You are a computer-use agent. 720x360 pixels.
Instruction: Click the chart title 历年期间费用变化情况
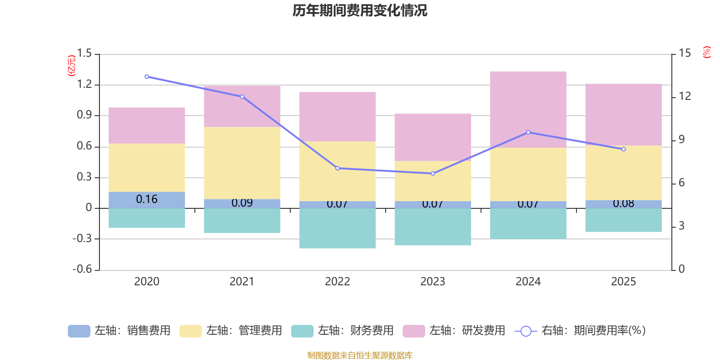[360, 10]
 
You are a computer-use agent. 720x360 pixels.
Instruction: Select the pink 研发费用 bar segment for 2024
[528, 109]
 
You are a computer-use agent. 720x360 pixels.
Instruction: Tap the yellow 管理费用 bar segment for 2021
[242, 163]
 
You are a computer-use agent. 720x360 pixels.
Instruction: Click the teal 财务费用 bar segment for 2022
[337, 228]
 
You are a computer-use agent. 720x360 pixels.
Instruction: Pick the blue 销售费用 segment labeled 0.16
[147, 200]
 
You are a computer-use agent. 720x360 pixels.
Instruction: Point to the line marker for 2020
[147, 76]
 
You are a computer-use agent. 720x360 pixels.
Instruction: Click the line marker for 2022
[337, 168]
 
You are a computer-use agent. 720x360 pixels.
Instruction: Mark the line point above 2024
[528, 132]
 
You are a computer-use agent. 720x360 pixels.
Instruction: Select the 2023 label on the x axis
[432, 282]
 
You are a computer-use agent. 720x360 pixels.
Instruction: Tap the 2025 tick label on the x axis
[623, 282]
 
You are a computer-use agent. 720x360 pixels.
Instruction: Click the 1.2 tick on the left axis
[85, 84]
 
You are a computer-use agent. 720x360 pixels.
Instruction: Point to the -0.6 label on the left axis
[82, 269]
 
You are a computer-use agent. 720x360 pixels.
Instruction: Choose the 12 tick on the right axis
[685, 96]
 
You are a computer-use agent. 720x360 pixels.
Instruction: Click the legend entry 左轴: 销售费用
[119, 331]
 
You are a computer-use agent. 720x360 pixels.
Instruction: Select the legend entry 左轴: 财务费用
[342, 331]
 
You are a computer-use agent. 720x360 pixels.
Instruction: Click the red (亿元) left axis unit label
[72, 66]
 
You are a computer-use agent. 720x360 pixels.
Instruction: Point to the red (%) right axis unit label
[707, 52]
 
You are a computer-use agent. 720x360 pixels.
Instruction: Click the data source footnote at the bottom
[360, 355]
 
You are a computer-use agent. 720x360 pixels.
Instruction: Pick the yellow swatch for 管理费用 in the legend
[190, 331]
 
